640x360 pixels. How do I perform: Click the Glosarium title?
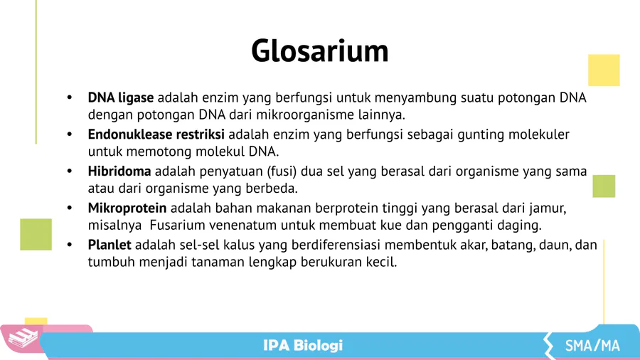319,51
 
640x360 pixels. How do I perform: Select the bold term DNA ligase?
121,98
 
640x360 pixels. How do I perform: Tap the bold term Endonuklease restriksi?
156,134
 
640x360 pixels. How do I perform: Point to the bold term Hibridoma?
119,171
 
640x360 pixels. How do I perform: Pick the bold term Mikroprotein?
127,208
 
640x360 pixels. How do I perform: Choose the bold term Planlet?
110,245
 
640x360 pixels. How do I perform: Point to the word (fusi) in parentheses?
282,171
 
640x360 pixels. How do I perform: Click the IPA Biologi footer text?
303,345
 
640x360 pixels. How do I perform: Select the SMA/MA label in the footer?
592,346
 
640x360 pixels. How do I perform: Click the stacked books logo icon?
23,337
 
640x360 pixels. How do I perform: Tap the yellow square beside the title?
604,70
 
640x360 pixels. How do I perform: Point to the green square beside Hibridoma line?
604,186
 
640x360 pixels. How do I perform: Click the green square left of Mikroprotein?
36,234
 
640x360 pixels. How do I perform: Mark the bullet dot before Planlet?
70,245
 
